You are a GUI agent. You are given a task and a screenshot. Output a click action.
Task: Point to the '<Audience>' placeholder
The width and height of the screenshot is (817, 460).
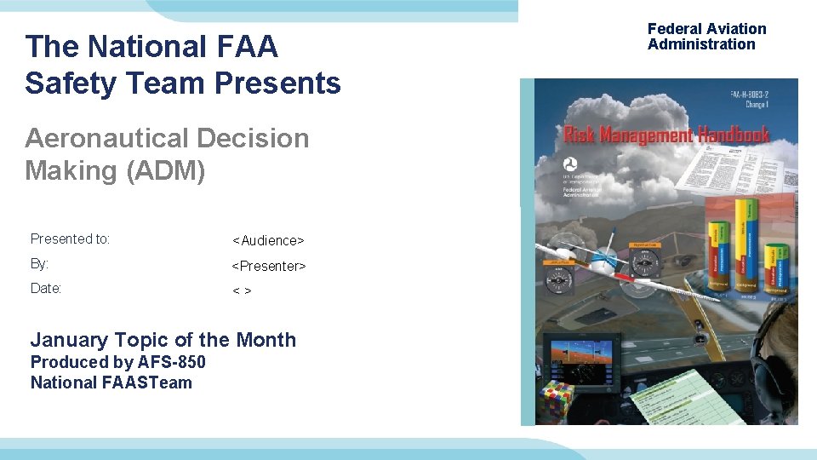tap(268, 241)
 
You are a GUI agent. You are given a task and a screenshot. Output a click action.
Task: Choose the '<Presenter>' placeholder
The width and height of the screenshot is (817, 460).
tap(269, 266)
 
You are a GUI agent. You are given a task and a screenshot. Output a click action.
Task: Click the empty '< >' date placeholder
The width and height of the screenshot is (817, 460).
tap(242, 290)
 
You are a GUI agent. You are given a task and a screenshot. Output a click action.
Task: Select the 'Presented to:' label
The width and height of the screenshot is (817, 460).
tap(70, 239)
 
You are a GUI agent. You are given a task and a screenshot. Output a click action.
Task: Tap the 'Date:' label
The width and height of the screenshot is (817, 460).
tap(46, 289)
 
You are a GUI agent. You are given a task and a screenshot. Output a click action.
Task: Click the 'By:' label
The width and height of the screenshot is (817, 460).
tap(39, 264)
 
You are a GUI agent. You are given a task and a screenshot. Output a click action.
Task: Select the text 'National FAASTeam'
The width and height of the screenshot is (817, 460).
tap(111, 382)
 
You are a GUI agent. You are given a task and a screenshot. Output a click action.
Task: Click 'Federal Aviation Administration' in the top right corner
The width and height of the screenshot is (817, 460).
tap(706, 37)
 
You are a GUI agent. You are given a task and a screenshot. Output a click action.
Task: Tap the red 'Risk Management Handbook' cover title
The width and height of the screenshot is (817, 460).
tap(666, 135)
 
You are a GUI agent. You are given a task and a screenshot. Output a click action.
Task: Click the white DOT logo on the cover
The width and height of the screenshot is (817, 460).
tap(570, 164)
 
